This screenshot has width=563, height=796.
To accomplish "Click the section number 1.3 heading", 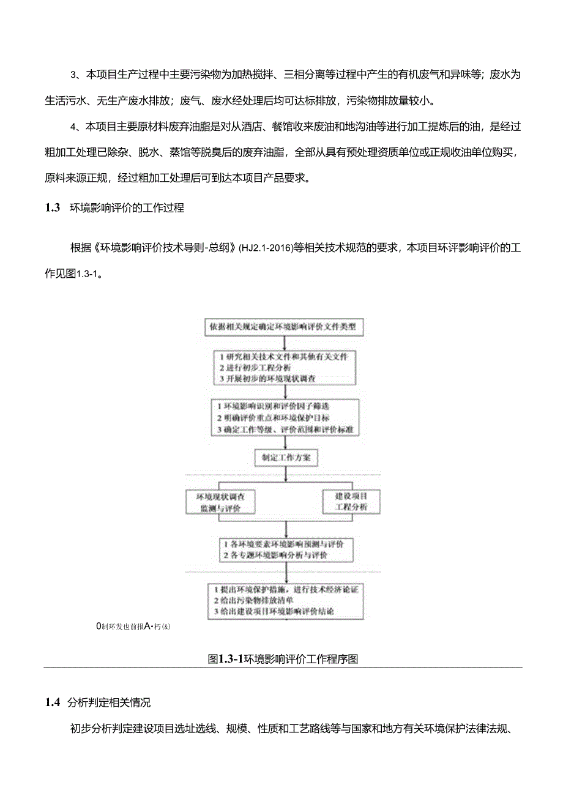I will click(52, 208).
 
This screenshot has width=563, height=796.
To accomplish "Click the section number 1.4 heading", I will click(52, 702).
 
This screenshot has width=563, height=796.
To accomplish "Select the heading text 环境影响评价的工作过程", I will click(127, 208).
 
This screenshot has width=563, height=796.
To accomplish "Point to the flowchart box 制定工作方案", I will click(286, 458).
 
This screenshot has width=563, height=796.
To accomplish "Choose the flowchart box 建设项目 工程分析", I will click(351, 502).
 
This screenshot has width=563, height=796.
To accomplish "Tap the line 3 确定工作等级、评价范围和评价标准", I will click(285, 430).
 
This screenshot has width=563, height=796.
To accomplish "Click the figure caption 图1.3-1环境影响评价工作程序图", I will click(283, 658).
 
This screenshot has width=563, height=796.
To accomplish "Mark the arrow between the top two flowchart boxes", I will click(286, 342).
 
